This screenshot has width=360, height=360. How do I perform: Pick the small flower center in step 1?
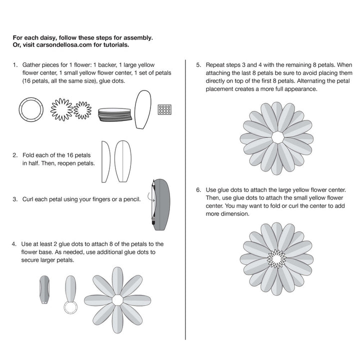click(83, 109)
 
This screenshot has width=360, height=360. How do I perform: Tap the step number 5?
click(198, 65)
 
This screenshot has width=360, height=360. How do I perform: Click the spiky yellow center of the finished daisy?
click(276, 257)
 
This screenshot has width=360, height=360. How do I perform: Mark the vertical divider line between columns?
click(185, 200)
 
